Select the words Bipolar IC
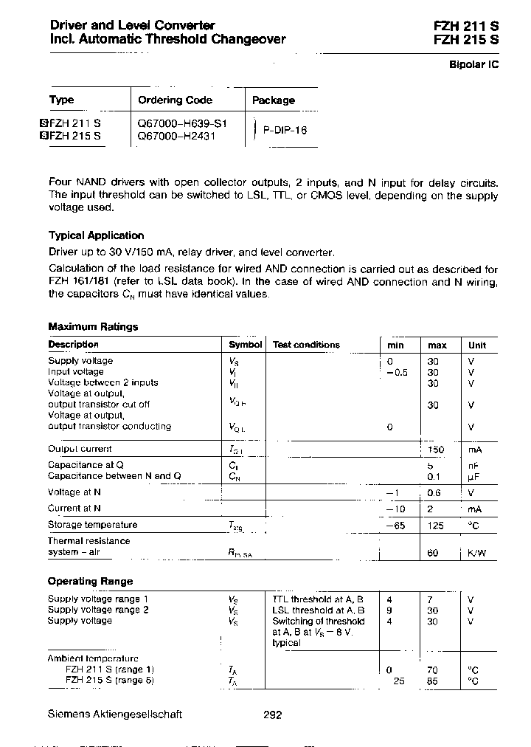tap(474, 64)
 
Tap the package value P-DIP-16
tap(285, 130)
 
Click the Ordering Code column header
tap(176, 100)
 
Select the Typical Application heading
tap(96, 235)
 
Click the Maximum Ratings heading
tap(93, 326)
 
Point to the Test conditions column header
tap(306, 345)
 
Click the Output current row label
tap(80, 449)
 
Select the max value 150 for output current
tap(437, 449)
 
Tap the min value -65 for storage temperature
tap(398, 525)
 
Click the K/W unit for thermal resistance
tap(476, 553)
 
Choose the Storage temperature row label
tap(92, 525)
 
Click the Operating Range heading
tap(90, 581)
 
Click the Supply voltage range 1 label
tap(98, 599)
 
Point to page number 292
tap(272, 715)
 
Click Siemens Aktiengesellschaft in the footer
tap(114, 715)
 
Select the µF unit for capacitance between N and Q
tap(472, 476)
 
